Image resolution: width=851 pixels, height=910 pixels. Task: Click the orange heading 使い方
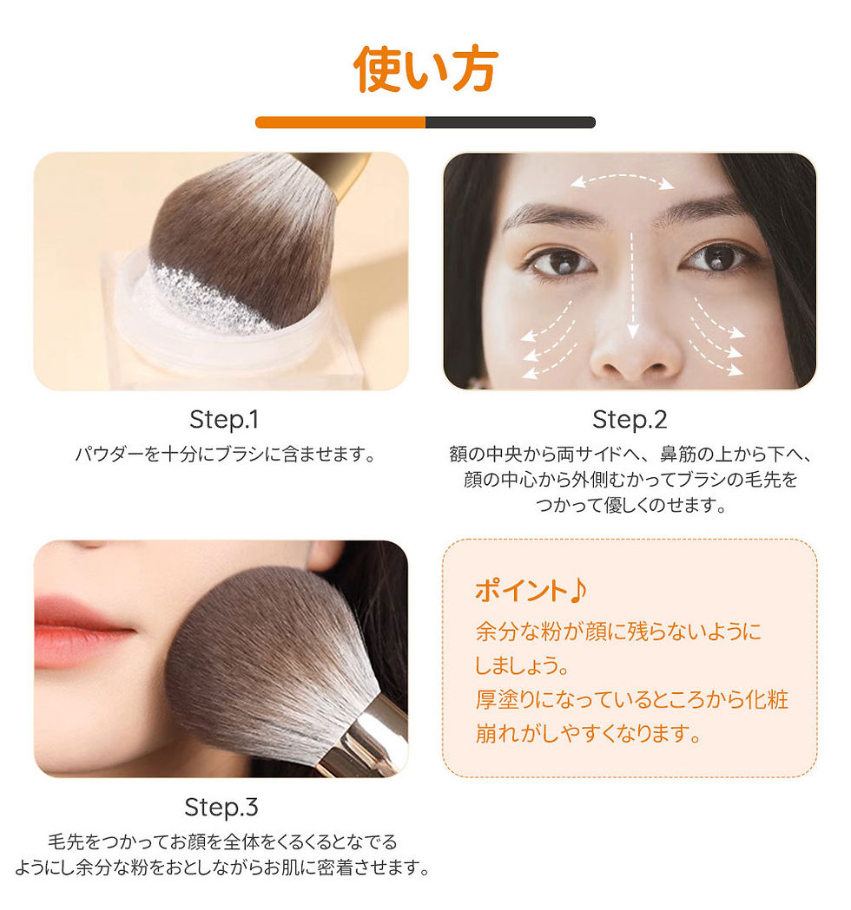click(x=425, y=69)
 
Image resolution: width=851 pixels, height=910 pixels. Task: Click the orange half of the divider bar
click(x=340, y=122)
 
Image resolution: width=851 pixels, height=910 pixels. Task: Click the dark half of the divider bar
click(x=511, y=122)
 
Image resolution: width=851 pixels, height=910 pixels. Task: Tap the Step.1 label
click(x=224, y=420)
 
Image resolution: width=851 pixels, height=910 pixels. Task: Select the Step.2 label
click(x=630, y=420)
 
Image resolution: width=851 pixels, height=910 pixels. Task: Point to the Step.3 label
click(x=221, y=807)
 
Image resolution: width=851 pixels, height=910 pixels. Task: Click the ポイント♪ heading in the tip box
click(x=531, y=590)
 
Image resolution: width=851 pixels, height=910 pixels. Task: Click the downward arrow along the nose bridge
click(x=632, y=285)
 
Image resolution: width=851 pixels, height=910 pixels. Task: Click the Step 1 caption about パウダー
click(x=226, y=454)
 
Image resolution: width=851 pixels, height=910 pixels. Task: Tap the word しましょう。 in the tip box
click(x=522, y=665)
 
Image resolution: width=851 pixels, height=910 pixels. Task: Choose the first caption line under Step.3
click(x=222, y=841)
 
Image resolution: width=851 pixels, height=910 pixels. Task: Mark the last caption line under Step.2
click(x=630, y=505)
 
